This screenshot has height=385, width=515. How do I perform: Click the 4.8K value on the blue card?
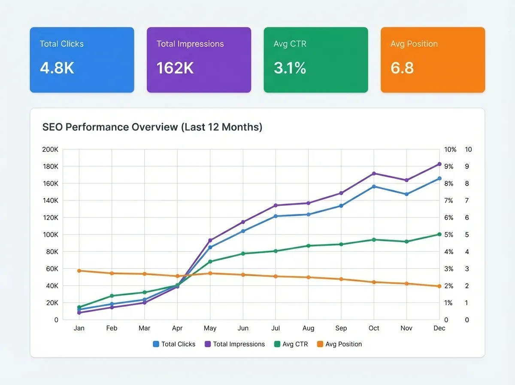57,68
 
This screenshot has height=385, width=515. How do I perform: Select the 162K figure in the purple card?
176,68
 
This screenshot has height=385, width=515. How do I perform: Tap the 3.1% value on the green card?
290,68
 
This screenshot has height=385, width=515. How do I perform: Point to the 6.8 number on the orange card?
402,68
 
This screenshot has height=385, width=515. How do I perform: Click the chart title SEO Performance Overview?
152,127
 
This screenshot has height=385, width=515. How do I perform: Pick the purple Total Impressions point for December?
439,164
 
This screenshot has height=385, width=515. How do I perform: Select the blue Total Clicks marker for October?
374,186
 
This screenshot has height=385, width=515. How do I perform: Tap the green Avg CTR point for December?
439,234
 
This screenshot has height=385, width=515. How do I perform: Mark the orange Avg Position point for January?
79,271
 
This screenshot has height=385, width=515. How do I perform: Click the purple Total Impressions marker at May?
210,241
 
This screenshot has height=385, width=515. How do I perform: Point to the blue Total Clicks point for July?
276,216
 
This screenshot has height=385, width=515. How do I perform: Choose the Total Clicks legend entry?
174,344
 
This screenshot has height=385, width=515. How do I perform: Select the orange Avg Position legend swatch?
320,344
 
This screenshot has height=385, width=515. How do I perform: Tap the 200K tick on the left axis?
50,150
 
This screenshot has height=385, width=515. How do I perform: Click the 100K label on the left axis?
50,235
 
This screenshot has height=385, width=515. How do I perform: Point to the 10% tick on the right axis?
450,150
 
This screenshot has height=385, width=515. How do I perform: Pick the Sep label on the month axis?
341,328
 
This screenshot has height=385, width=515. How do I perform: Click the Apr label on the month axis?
177,328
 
